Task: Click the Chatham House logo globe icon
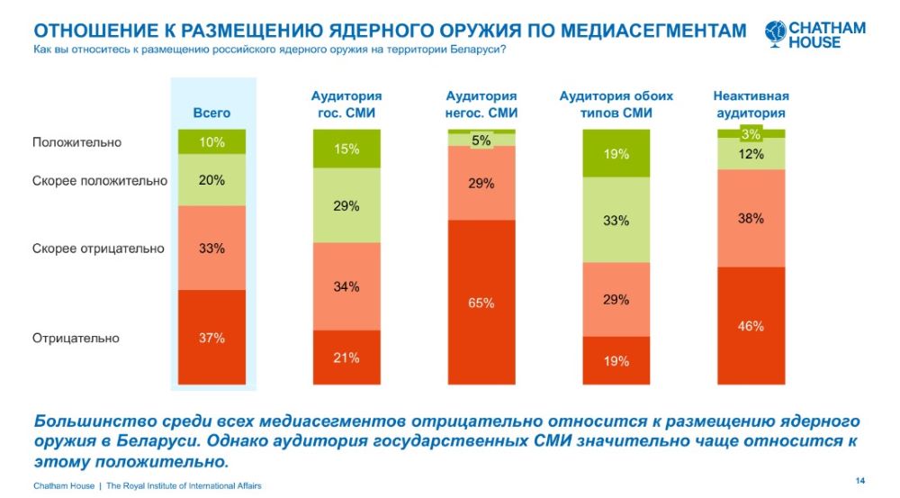click(x=775, y=34)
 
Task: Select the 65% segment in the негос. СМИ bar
click(x=481, y=303)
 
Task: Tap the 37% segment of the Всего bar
click(x=212, y=339)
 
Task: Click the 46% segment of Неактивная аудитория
click(x=751, y=326)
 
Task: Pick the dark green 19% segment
click(x=616, y=154)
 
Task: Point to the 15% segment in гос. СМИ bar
click(x=346, y=149)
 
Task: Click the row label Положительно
click(x=76, y=142)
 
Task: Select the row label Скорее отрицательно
click(x=98, y=249)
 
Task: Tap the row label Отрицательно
click(x=76, y=339)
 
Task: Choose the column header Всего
click(x=212, y=113)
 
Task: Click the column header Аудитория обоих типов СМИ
click(x=616, y=104)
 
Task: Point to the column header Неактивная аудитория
click(x=751, y=104)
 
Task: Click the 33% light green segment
click(x=616, y=221)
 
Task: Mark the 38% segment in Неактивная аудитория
click(x=751, y=218)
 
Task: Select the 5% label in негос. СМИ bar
click(x=481, y=140)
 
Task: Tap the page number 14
click(x=859, y=478)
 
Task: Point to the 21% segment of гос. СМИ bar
click(x=346, y=358)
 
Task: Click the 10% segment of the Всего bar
click(x=212, y=142)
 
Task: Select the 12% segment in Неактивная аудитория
click(x=751, y=154)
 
